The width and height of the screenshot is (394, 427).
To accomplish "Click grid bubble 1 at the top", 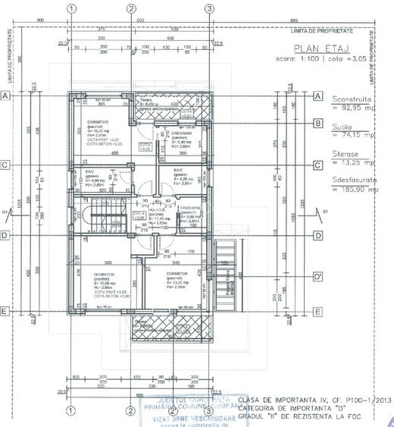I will tap(70, 8).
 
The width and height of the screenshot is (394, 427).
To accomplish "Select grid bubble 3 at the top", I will tap(209, 8).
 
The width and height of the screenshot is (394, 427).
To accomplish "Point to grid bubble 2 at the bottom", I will tap(130, 411).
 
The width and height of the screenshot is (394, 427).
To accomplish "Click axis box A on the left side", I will tap(5, 96).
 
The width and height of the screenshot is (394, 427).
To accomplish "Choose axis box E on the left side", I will tap(5, 311).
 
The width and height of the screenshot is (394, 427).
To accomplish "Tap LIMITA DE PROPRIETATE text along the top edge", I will tap(322, 30).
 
